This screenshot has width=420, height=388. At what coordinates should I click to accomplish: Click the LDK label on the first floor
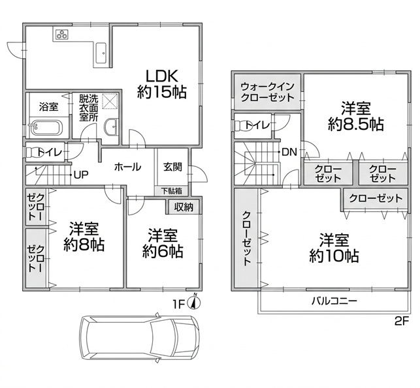click(161, 76)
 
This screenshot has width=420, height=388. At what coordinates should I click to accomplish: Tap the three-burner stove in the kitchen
click(63, 35)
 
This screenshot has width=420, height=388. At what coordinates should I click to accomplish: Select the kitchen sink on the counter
click(101, 53)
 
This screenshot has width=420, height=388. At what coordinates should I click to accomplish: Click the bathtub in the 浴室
click(46, 128)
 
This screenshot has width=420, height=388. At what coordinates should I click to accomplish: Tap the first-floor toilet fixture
click(33, 153)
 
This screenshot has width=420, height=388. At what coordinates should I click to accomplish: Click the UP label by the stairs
click(81, 175)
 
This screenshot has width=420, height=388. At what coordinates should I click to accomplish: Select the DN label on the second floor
click(289, 152)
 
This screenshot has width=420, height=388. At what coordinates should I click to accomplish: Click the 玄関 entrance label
click(172, 167)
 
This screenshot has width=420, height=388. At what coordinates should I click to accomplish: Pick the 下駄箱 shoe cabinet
click(171, 191)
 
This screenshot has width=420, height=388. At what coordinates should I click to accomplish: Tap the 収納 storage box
click(184, 207)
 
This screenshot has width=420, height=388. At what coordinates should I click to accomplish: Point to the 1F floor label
click(179, 305)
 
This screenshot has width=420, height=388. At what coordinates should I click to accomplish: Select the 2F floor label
click(402, 321)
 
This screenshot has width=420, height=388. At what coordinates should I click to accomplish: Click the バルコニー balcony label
click(334, 301)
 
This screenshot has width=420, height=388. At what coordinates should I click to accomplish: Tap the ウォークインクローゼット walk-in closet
click(267, 92)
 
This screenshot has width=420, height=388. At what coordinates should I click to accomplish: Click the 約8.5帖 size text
click(356, 124)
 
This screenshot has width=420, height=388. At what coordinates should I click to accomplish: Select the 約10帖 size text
click(334, 256)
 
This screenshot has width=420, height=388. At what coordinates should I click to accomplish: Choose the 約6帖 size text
click(163, 251)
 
